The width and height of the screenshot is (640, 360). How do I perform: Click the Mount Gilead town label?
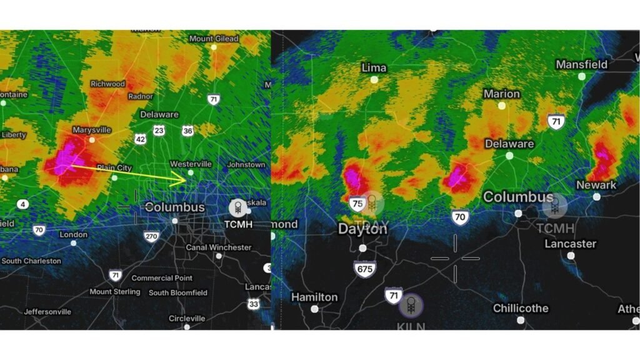click(x=214, y=39)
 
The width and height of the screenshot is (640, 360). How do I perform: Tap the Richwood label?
click(x=107, y=84)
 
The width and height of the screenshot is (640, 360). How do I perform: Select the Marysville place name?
click(x=91, y=130)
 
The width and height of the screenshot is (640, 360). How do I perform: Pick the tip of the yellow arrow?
click(x=187, y=180)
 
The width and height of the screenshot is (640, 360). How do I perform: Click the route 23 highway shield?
click(x=159, y=130)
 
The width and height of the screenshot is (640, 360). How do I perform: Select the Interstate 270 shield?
click(x=151, y=236)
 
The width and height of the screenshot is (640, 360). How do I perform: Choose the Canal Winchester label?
click(x=218, y=247)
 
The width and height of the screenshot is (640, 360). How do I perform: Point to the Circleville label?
click(x=187, y=318)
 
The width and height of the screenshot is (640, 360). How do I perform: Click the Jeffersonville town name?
click(x=47, y=311)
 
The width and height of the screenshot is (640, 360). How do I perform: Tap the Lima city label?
click(x=374, y=67)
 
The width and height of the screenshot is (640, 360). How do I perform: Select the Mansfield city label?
click(x=581, y=64)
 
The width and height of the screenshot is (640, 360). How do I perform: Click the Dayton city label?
click(x=362, y=229)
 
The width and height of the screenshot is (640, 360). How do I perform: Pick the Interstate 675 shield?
click(x=365, y=269)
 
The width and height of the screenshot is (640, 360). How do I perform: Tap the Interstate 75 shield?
click(x=357, y=204)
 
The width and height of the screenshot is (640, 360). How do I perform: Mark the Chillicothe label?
click(x=521, y=308)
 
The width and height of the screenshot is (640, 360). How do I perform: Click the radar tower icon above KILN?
click(x=411, y=306)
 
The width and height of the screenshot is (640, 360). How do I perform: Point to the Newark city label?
click(x=596, y=185)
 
